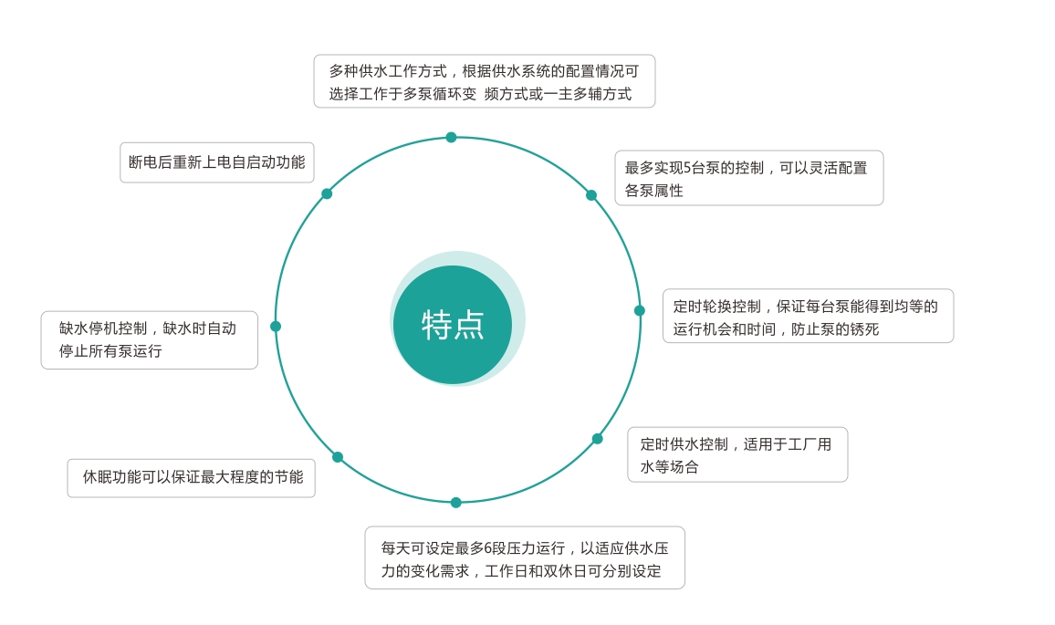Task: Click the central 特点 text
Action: coord(452,325)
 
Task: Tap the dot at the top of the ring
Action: coord(452,137)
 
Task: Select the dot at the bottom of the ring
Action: coord(456,503)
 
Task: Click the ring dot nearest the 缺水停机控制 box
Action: coord(276,327)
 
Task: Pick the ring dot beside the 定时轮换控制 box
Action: coord(640,310)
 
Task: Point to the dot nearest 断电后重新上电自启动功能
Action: coord(327,193)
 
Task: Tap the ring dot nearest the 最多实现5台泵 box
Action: coord(591,195)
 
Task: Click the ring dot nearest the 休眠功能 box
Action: coord(338,457)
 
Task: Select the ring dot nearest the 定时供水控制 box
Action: coord(598,439)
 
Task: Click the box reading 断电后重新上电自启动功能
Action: coord(216,162)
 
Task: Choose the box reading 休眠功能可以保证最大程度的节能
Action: coord(191,478)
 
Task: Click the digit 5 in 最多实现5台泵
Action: coord(687,168)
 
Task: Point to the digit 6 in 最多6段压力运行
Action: coord(488,548)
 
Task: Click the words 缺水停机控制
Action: coord(103,328)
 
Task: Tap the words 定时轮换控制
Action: coord(717,307)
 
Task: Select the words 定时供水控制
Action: coord(684,444)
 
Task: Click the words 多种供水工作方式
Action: coord(388,71)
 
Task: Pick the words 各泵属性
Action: coord(654,191)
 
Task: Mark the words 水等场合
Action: coord(670,467)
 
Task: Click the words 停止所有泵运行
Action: coord(110,351)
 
